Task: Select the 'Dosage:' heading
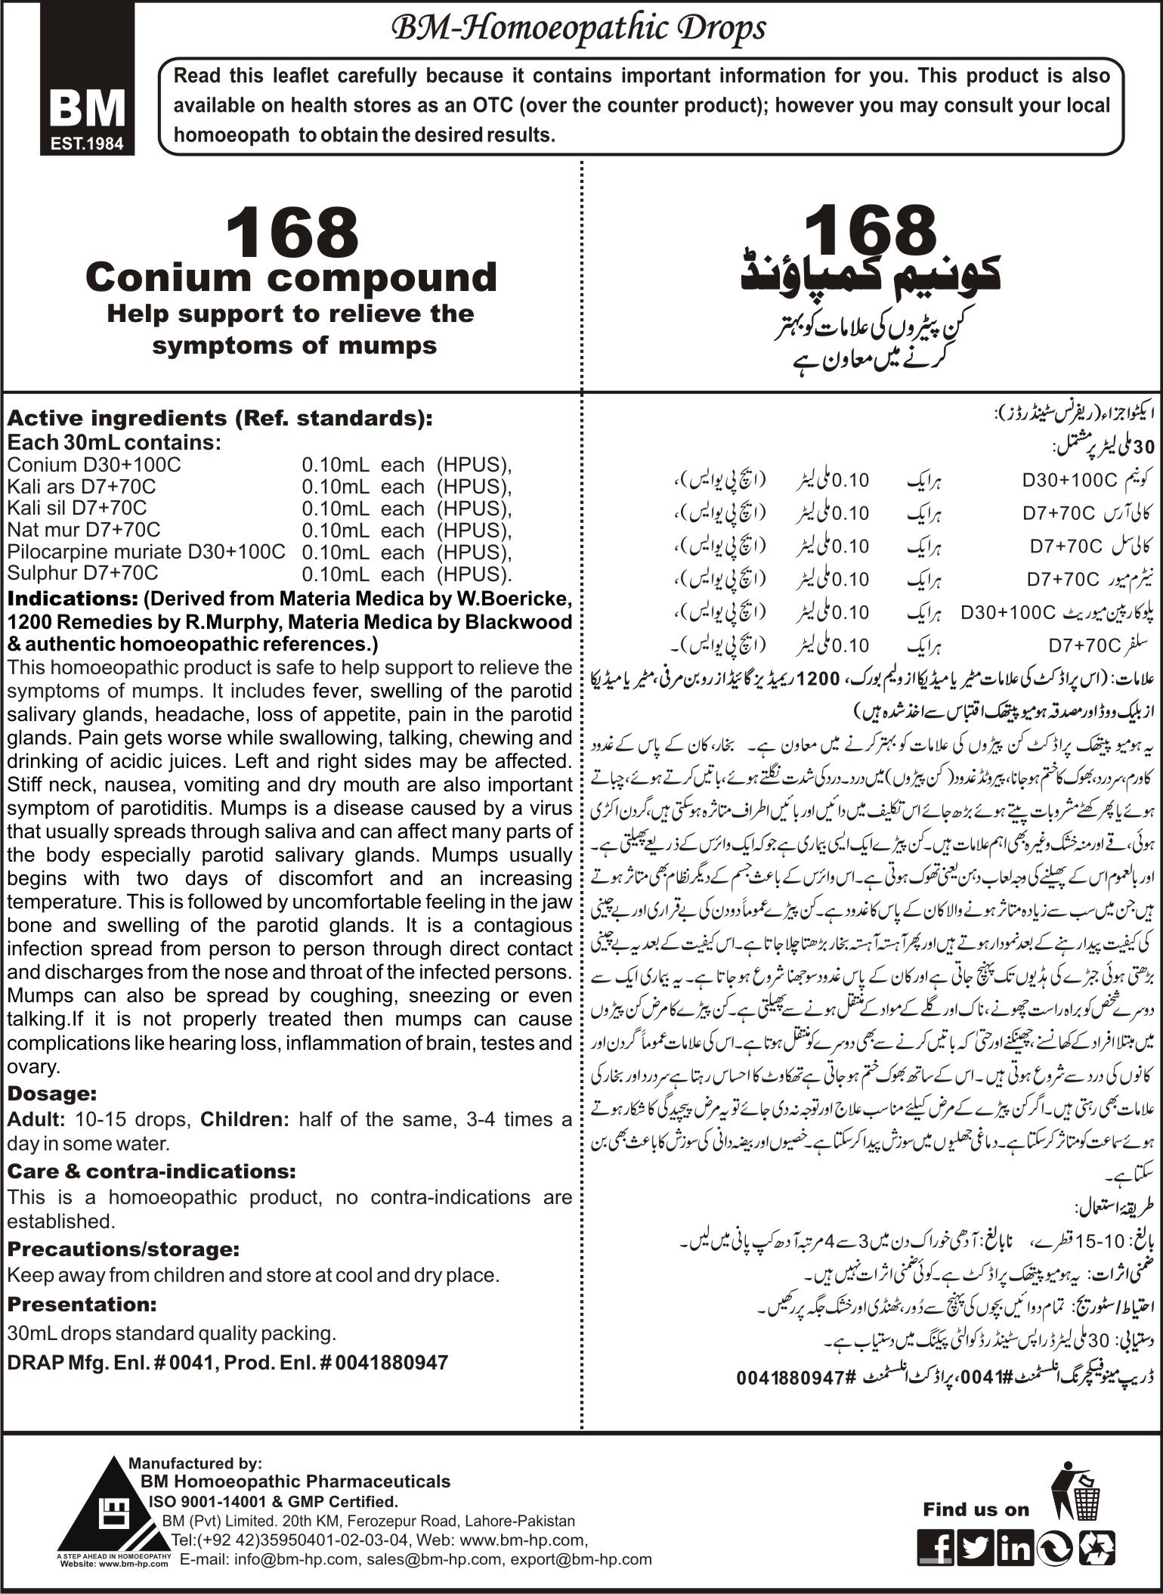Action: (x=52, y=1093)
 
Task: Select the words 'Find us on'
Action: (x=976, y=1488)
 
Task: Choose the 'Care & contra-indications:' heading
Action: (x=151, y=1171)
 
